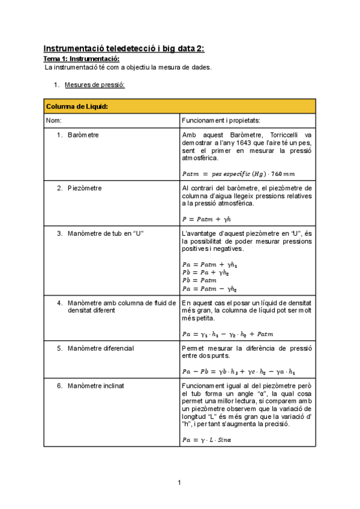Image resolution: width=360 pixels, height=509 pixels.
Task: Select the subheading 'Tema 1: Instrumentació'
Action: coord(82,59)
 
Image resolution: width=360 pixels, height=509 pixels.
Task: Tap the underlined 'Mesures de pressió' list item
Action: coord(96,86)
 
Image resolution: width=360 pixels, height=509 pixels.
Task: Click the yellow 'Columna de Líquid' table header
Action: coord(77,106)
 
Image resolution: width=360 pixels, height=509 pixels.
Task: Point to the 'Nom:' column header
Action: coord(55,121)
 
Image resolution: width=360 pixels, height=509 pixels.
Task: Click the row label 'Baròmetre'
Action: coord(83,135)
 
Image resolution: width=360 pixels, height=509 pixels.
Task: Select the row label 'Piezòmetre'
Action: coord(85,188)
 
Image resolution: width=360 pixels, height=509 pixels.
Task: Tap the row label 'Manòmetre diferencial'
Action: coord(101,348)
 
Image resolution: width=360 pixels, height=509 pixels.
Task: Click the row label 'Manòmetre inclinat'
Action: coord(96,385)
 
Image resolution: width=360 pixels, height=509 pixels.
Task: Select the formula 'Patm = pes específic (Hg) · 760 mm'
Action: coord(238,174)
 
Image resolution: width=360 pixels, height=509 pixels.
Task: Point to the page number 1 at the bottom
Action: coord(179,483)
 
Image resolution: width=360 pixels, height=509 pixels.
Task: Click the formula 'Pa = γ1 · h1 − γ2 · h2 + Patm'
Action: coord(230,334)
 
